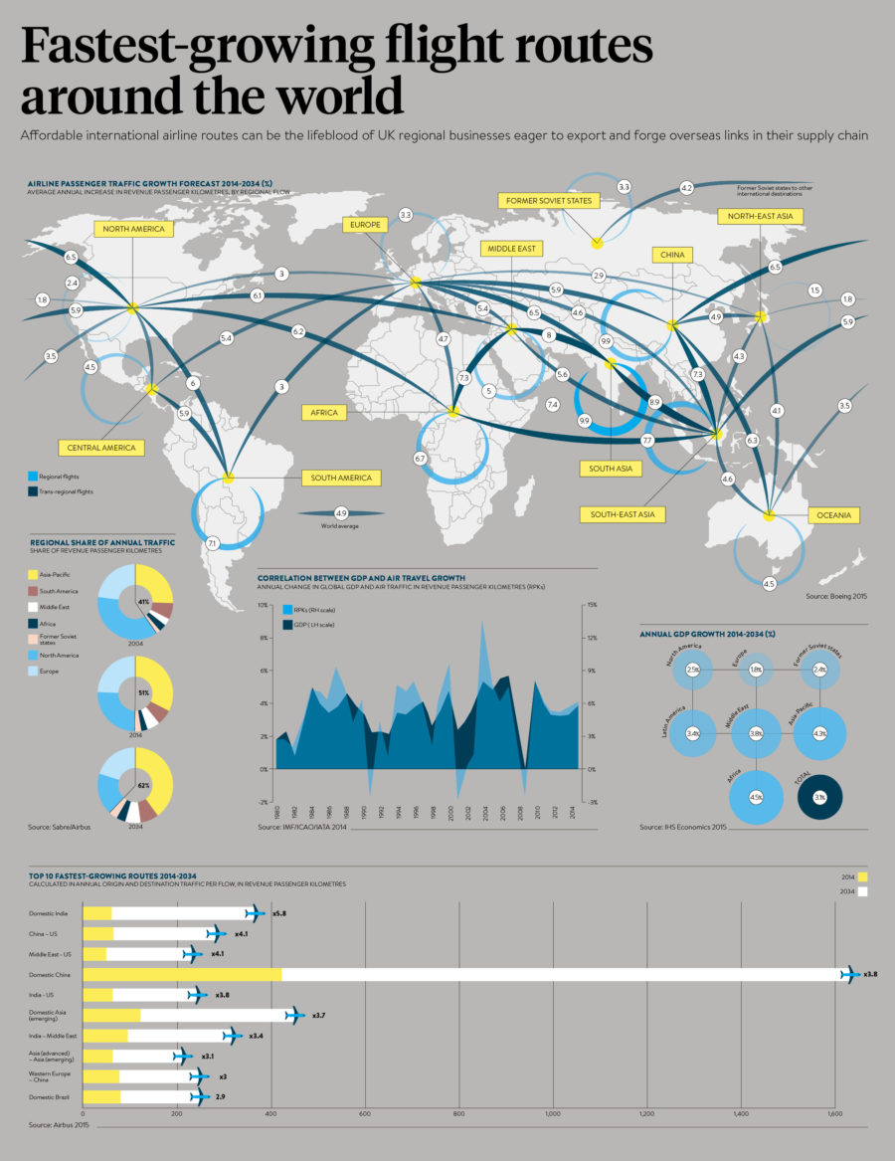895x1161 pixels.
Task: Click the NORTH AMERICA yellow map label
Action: coord(134,230)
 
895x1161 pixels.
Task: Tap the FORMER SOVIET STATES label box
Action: coord(548,201)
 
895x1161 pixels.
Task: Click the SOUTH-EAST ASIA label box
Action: coord(622,514)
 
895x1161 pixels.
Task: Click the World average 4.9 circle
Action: coord(341,512)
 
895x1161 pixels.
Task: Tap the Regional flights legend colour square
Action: coord(33,477)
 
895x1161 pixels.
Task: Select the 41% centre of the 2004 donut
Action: coord(143,602)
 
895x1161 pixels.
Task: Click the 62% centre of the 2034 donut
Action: coord(143,786)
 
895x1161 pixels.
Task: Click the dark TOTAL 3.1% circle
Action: coord(819,798)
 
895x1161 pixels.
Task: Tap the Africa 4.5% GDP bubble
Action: coord(755,796)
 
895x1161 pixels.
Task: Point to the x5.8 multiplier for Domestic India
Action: coord(279,912)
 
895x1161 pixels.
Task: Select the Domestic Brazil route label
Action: coord(48,1096)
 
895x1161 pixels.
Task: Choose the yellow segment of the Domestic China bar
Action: coord(182,974)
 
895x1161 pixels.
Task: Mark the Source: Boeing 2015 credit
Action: coord(836,596)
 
